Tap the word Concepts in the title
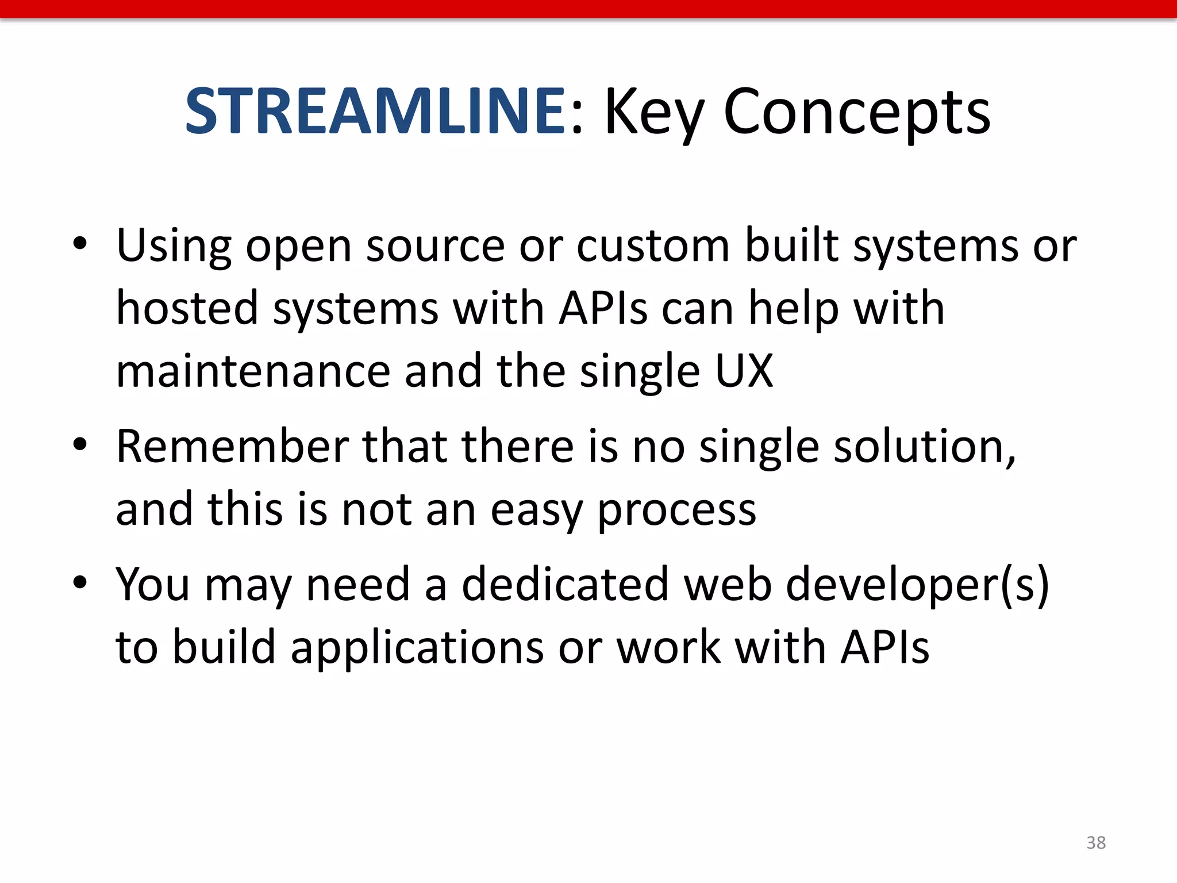click(x=856, y=113)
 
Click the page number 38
click(x=1096, y=843)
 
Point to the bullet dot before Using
click(x=80, y=244)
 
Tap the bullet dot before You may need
click(x=80, y=582)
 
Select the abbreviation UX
click(x=744, y=371)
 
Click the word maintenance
click(x=253, y=371)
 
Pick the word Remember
click(x=233, y=446)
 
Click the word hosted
click(x=187, y=308)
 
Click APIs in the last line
click(x=884, y=647)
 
